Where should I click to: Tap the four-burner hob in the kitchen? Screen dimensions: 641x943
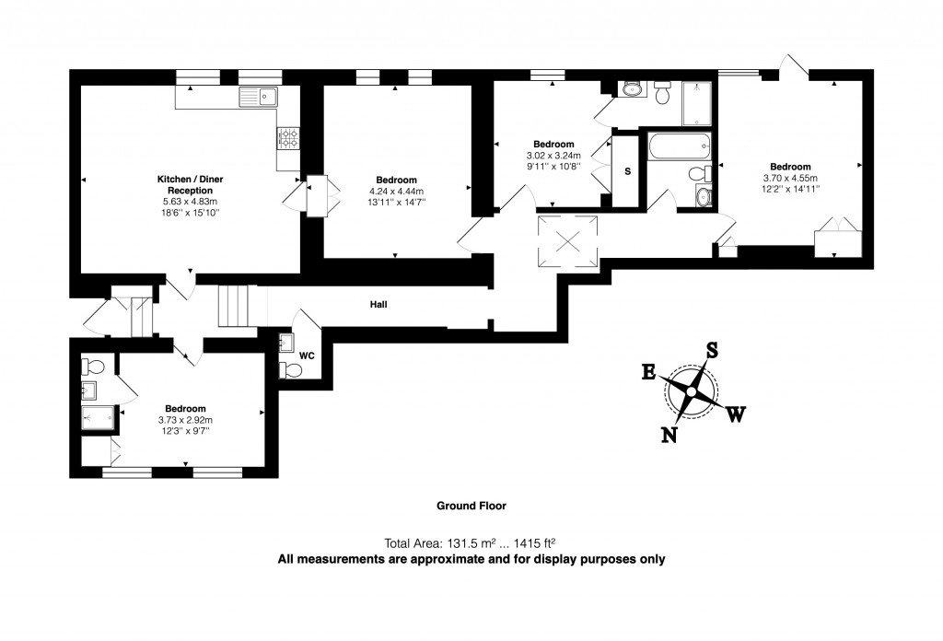288,138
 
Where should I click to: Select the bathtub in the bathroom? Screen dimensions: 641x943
680,146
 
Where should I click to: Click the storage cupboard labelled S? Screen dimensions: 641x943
627,171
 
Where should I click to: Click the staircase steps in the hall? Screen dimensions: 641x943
234,306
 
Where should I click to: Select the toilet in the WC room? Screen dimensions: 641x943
292,370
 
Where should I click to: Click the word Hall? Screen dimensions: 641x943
378,304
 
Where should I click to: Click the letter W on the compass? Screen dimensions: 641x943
736,414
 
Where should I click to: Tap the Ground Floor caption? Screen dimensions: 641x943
471,506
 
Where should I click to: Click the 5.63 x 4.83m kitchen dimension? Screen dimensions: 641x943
187,202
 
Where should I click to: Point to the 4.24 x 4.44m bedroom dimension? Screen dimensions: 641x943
396,192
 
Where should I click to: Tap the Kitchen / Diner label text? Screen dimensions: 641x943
187,178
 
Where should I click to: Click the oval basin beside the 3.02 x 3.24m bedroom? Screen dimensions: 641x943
633,88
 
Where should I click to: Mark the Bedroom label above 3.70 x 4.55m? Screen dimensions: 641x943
790,167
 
